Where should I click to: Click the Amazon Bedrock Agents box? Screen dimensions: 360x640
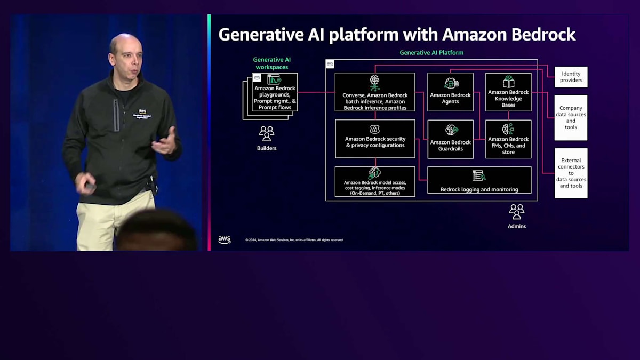pyautogui.click(x=450, y=92)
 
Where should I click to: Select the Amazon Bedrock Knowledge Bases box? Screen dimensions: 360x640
pyautogui.click(x=508, y=92)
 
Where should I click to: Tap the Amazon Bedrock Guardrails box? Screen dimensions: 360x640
pyautogui.click(x=450, y=139)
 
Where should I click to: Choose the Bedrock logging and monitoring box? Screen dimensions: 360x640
pyautogui.click(x=479, y=180)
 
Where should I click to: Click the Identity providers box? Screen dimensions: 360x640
pyautogui.click(x=571, y=77)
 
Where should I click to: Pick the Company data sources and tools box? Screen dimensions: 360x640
pyautogui.click(x=571, y=117)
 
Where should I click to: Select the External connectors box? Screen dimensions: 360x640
pyautogui.click(x=571, y=173)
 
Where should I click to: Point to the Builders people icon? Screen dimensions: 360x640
pyautogui.click(x=266, y=133)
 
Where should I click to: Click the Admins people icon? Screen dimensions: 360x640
pyautogui.click(x=516, y=212)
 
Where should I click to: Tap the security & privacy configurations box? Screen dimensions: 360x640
pyautogui.click(x=375, y=139)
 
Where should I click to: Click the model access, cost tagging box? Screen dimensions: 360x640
pyautogui.click(x=375, y=181)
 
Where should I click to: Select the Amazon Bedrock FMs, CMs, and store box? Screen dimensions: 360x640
pyautogui.click(x=508, y=139)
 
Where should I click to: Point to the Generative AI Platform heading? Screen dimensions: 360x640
pyautogui.click(x=431, y=53)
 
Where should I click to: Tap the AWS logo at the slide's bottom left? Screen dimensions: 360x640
pyautogui.click(x=225, y=240)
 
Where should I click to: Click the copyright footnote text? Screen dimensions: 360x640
pyautogui.click(x=294, y=241)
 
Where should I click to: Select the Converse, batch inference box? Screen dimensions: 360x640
pyautogui.click(x=375, y=92)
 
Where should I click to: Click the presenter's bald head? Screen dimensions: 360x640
pyautogui.click(x=125, y=45)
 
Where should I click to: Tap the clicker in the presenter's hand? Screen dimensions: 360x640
pyautogui.click(x=90, y=187)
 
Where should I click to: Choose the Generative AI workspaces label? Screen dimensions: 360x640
pyautogui.click(x=271, y=63)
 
